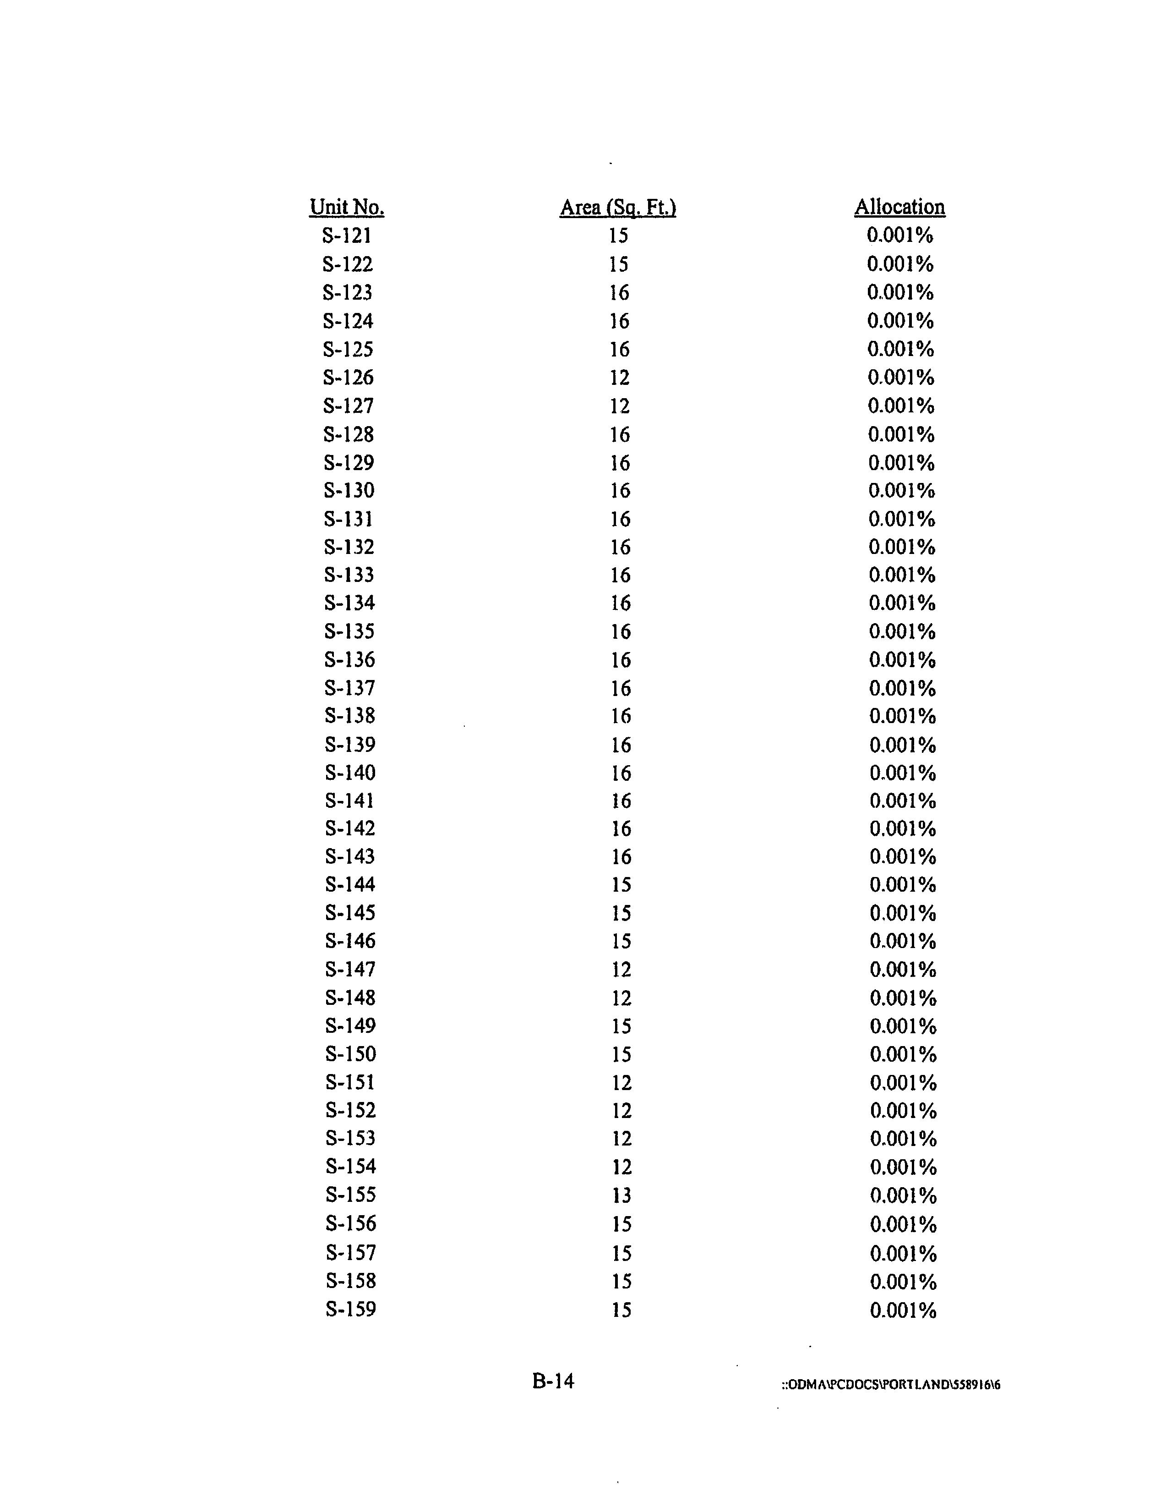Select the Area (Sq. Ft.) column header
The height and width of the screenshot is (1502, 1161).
(618, 207)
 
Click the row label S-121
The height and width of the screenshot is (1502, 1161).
(347, 236)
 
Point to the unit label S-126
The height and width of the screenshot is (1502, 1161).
(349, 378)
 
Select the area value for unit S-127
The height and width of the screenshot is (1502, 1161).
(619, 406)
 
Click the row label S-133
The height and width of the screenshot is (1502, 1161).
(349, 575)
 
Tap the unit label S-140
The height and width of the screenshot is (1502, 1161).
(350, 773)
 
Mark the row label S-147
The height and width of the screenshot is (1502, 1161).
(350, 970)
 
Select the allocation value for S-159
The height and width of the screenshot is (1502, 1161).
(903, 1310)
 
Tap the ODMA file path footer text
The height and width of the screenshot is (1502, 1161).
(890, 1384)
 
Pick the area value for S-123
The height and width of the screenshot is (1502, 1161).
(619, 293)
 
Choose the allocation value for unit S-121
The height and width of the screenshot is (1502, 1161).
(900, 236)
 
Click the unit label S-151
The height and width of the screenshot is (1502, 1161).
(350, 1082)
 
